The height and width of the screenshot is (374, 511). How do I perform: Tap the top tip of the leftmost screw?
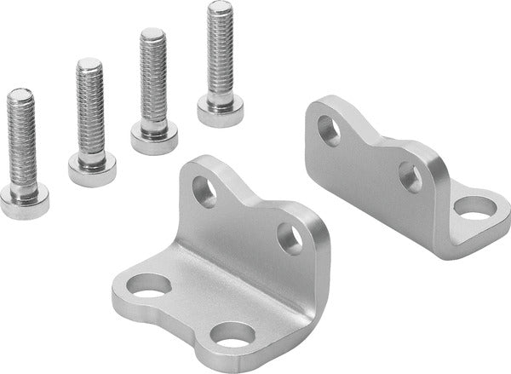click(20, 92)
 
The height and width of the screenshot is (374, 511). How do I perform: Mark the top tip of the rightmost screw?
click(221, 5)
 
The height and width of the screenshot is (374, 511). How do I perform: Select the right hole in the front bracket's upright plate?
click(290, 239)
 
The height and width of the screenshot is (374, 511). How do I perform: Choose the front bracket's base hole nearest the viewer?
click(233, 335)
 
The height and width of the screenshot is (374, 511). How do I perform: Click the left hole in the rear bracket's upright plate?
click(329, 129)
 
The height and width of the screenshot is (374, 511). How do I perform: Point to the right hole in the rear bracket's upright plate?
click(410, 176)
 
